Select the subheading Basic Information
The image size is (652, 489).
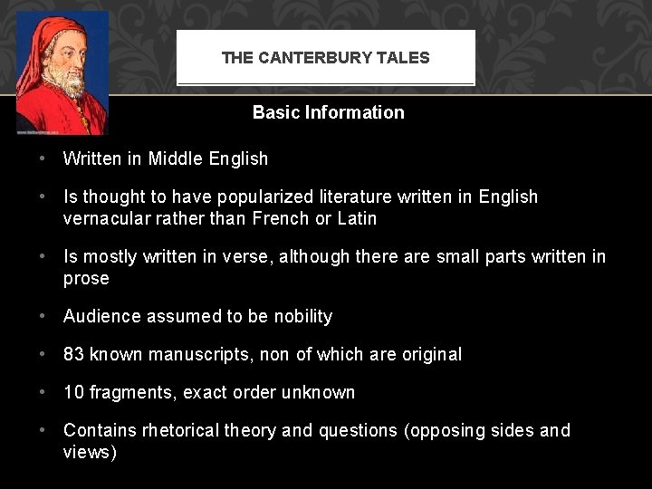(x=328, y=112)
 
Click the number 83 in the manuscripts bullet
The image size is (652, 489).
(x=73, y=354)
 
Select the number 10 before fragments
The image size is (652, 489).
(x=73, y=392)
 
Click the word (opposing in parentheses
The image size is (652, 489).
(x=446, y=430)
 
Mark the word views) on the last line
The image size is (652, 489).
(x=90, y=452)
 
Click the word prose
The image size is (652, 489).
(x=86, y=278)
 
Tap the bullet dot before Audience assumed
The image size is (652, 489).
(x=43, y=316)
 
